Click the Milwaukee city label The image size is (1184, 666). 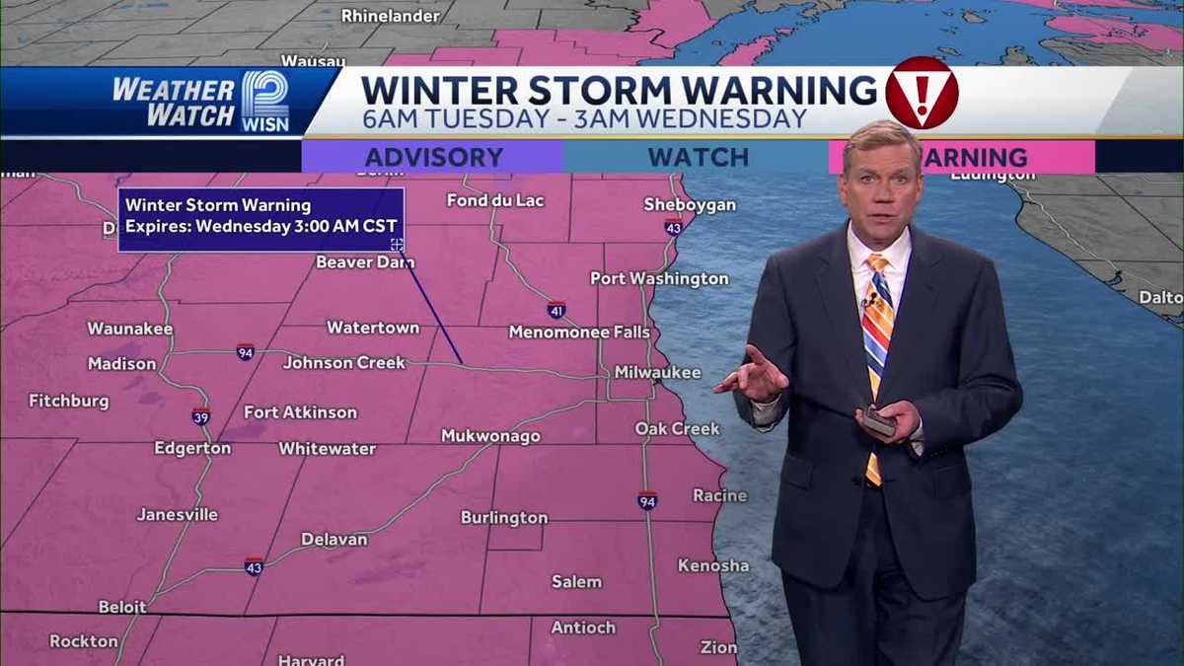pyautogui.click(x=657, y=373)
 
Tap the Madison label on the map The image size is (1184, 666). pyautogui.click(x=121, y=364)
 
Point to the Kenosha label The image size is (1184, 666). pyautogui.click(x=712, y=565)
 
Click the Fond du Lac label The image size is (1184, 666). pyautogui.click(x=495, y=200)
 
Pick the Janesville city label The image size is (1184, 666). pyautogui.click(x=178, y=514)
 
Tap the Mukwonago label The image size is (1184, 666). pyautogui.click(x=490, y=436)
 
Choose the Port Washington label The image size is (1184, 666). pyautogui.click(x=659, y=279)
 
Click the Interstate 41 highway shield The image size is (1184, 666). pyautogui.click(x=556, y=310)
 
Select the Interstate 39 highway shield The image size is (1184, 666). pyautogui.click(x=200, y=416)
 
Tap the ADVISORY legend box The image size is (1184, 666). pyautogui.click(x=433, y=157)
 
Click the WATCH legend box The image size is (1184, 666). pyautogui.click(x=698, y=157)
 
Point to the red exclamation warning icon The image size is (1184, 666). pyautogui.click(x=921, y=93)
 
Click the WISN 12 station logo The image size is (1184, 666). pyautogui.click(x=265, y=102)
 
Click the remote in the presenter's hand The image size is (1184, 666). pyautogui.click(x=878, y=422)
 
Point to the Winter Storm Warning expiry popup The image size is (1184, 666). pyautogui.click(x=261, y=219)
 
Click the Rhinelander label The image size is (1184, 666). pyautogui.click(x=392, y=16)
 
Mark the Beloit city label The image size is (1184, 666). pyautogui.click(x=122, y=607)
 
